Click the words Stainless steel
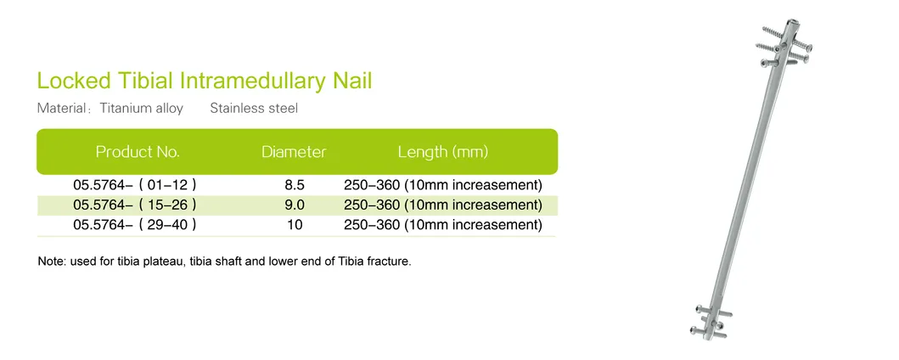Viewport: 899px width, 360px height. pos(254,109)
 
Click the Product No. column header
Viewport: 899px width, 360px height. pos(138,152)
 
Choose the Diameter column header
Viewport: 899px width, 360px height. pos(294,152)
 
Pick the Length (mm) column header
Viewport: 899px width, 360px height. pos(442,152)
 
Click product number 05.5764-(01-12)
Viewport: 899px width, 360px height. pos(135,184)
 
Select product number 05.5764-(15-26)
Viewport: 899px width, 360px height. pos(135,205)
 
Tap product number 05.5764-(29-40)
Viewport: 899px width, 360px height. pos(135,225)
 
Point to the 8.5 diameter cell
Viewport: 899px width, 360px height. pos(295,184)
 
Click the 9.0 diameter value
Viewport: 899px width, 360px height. pos(295,205)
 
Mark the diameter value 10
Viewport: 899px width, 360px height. pos(294,225)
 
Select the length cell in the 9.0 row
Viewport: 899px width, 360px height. pos(442,205)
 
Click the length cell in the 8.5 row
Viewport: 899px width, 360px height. pos(442,184)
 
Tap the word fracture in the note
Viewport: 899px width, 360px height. pos(390,262)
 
